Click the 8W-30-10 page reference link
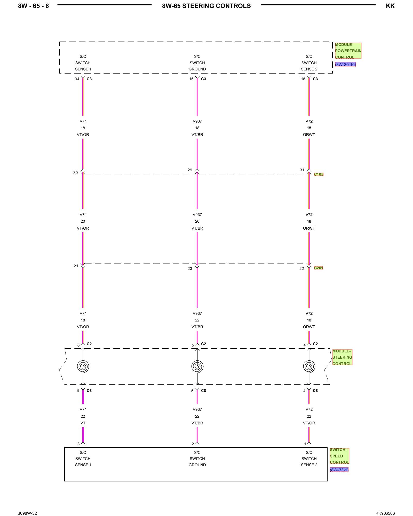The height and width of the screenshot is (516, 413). tap(345, 64)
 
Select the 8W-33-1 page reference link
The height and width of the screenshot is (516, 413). tap(339, 470)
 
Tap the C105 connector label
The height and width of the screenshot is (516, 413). tap(319, 174)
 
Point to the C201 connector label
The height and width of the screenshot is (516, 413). tap(319, 268)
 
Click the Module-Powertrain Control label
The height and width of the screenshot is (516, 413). tap(348, 51)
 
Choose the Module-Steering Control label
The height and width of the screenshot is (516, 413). tap(342, 357)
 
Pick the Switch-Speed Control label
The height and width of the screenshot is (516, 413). tap(339, 456)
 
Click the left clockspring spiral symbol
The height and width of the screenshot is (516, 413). tap(83, 366)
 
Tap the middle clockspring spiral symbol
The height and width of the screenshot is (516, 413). tap(197, 366)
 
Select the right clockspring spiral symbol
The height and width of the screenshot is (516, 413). tap(309, 366)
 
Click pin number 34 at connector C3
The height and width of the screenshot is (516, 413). tap(77, 79)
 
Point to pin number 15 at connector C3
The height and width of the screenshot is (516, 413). tap(191, 79)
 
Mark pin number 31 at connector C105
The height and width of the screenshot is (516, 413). tap(302, 170)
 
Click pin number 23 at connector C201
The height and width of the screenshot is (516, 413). tap(190, 269)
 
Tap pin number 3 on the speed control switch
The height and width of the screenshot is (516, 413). tap(78, 444)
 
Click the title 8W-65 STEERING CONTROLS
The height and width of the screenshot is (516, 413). tap(206, 6)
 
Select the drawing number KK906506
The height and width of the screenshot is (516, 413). tap(385, 513)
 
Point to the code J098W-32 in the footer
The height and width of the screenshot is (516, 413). tap(27, 513)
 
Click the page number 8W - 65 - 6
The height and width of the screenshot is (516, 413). tap(33, 6)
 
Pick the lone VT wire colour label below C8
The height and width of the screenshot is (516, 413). tap(83, 423)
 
